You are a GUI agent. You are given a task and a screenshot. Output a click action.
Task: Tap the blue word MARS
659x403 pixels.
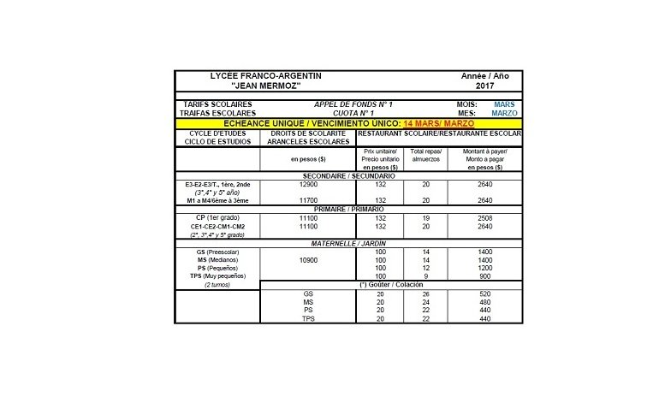click(505, 104)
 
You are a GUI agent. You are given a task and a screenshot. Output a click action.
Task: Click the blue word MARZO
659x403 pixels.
click(505, 113)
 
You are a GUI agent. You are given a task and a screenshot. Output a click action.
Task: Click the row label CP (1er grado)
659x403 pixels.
click(217, 218)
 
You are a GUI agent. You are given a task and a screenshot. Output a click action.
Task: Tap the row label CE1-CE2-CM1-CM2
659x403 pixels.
click(217, 226)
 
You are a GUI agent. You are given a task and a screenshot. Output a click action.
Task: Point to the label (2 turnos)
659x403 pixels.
click(217, 285)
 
